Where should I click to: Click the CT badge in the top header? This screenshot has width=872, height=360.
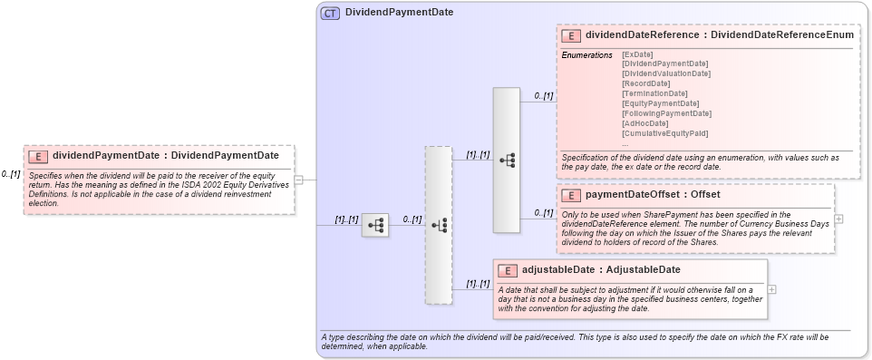(330, 13)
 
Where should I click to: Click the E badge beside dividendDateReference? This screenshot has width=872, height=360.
(572, 35)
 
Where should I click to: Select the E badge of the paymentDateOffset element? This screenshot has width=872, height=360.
(572, 195)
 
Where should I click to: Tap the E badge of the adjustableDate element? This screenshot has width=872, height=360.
(509, 270)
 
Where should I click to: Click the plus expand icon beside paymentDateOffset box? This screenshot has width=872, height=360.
(838, 219)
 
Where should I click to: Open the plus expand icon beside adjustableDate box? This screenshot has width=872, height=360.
(772, 289)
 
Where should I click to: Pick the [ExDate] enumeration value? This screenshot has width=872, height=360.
(637, 54)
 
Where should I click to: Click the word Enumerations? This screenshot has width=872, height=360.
(587, 55)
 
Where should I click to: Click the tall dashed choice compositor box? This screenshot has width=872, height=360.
(438, 225)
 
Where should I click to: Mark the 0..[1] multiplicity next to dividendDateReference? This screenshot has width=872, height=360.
(543, 95)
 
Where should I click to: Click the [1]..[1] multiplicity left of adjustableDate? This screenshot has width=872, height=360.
(477, 284)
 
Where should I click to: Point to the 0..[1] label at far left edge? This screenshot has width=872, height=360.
(10, 174)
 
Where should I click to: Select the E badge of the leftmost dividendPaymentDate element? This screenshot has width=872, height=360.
(38, 155)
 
